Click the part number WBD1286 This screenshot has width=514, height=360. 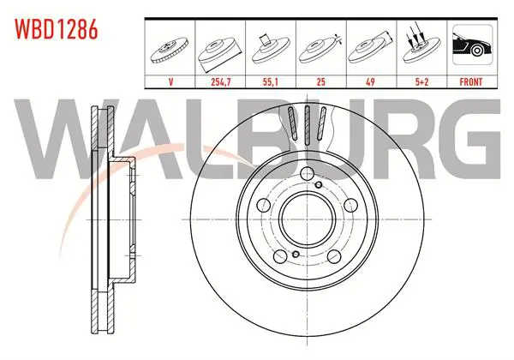point(57,29)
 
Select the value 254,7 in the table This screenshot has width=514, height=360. point(221,82)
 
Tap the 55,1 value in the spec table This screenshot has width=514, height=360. point(271,82)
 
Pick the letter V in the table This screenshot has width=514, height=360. point(170,82)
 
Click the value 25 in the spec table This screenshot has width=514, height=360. point(321,82)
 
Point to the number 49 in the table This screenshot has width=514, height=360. point(370,82)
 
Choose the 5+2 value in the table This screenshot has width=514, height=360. point(421,82)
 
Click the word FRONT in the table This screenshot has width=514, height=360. point(471,82)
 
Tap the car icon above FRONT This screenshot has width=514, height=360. point(472,45)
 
